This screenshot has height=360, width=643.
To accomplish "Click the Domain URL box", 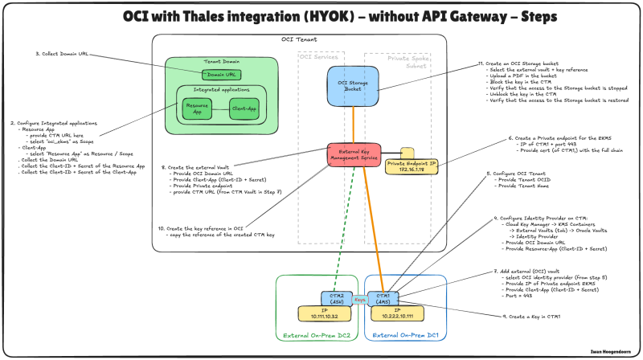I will click(x=215, y=75).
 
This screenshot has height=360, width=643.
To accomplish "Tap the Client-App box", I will click(x=244, y=108).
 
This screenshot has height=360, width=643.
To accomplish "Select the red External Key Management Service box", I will click(x=353, y=155).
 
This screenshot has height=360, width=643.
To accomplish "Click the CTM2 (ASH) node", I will click(x=336, y=297).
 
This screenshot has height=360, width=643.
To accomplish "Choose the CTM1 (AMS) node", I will click(x=378, y=297).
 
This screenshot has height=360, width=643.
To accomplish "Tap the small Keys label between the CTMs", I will click(x=358, y=299).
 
